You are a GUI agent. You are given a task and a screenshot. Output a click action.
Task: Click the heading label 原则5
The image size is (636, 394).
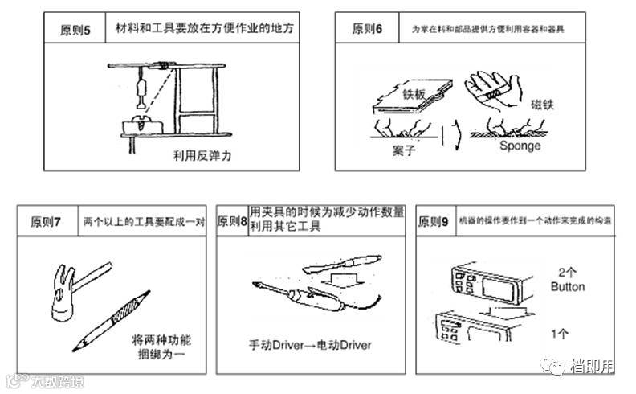click(x=75, y=31)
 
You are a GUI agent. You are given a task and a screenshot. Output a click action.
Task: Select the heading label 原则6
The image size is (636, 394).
click(x=368, y=29)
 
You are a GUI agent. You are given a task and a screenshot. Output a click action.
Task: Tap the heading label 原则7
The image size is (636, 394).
click(x=46, y=222)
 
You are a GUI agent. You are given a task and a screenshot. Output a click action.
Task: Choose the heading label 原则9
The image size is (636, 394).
click(x=434, y=222)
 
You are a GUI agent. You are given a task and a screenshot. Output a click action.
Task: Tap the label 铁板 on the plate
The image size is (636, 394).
click(x=414, y=92)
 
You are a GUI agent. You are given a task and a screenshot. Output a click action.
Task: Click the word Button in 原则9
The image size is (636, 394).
click(x=568, y=286)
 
